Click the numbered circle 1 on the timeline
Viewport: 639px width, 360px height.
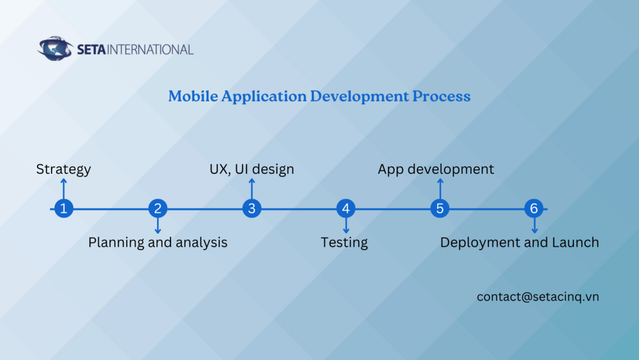(63, 209)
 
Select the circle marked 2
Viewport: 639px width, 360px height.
(158, 209)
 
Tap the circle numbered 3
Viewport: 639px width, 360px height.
(252, 209)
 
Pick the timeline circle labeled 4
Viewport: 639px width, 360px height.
(346, 209)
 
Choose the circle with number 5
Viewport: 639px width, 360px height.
(440, 209)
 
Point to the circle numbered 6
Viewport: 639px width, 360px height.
(534, 209)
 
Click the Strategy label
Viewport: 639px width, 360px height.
(63, 169)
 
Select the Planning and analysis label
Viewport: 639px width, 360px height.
(158, 242)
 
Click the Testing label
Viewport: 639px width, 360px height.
(344, 242)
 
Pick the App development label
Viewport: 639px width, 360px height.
(436, 169)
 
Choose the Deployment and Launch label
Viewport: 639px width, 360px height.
(519, 242)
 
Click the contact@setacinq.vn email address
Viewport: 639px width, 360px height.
(538, 297)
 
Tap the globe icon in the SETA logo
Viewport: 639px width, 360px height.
(55, 49)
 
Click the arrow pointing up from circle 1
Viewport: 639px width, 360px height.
(63, 188)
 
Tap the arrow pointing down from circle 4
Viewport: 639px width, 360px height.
(346, 226)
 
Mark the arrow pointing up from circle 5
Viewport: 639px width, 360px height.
(440, 188)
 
